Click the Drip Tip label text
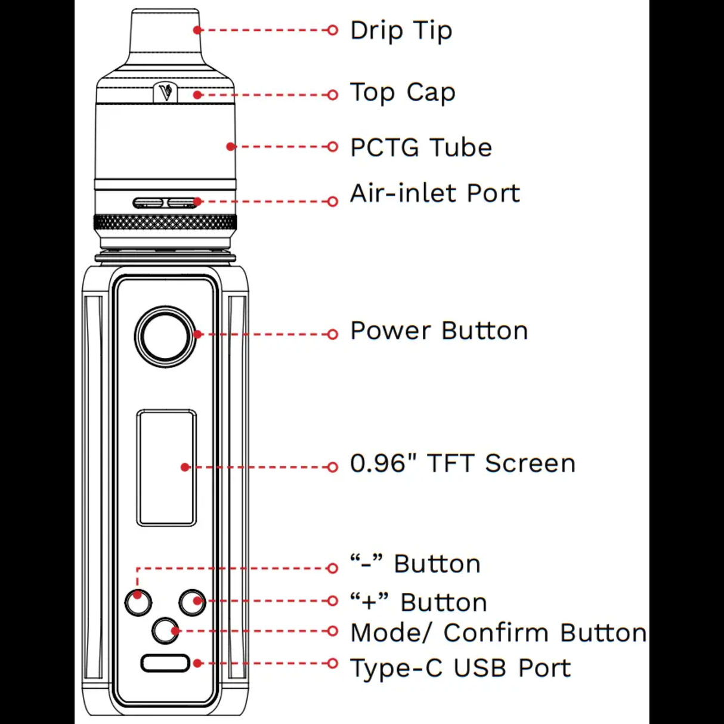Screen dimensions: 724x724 coord(401,31)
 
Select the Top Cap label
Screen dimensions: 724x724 coord(403,93)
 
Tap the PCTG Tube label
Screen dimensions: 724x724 coord(421,147)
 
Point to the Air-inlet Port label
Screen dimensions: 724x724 coord(435,194)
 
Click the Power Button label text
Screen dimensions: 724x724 coord(439,331)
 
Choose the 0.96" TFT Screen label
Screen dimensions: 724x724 coord(463,463)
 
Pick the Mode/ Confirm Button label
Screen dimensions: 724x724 coord(499,633)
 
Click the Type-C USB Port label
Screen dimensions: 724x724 coord(460,668)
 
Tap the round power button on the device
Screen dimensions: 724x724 coord(165,336)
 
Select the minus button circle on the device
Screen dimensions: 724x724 coord(138,602)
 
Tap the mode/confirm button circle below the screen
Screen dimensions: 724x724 coord(165,631)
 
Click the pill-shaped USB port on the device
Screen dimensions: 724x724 coord(165,663)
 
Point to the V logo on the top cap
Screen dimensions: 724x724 coord(165,93)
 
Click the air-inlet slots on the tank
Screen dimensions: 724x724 coord(165,203)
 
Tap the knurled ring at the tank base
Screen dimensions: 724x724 coord(165,223)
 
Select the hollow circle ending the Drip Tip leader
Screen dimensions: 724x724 coord(333,30)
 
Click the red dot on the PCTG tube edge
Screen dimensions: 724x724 coord(231,146)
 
